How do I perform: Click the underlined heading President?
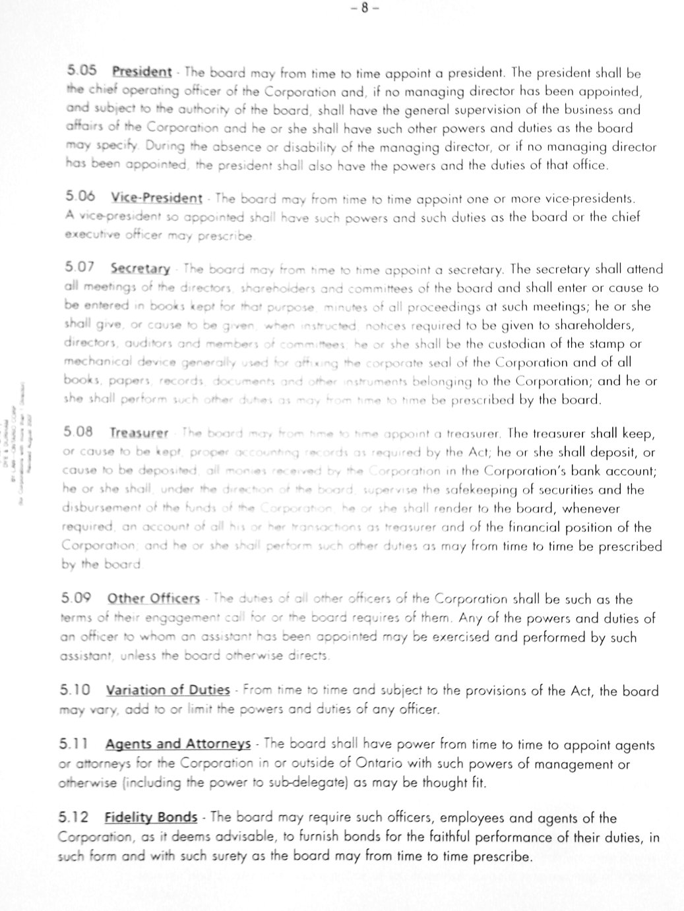pos(142,72)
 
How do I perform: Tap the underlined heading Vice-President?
pos(156,198)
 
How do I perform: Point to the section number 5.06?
pos(80,197)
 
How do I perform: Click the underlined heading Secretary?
pos(140,269)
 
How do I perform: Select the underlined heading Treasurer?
pos(139,433)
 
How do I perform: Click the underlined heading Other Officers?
pos(153,599)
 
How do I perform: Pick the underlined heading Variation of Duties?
pos(168,691)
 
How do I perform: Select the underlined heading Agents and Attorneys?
pos(177,745)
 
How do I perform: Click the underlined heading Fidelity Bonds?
pos(151,818)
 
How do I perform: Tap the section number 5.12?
pos(74,818)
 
